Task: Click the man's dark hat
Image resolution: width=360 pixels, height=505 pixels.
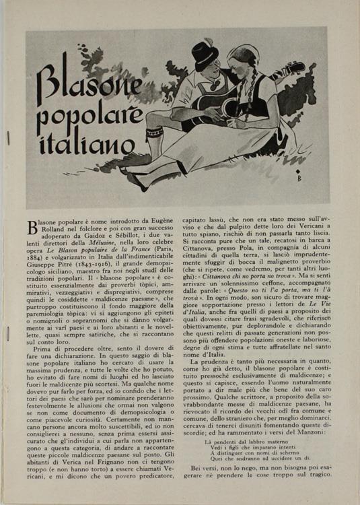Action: pyautogui.click(x=204, y=53)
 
